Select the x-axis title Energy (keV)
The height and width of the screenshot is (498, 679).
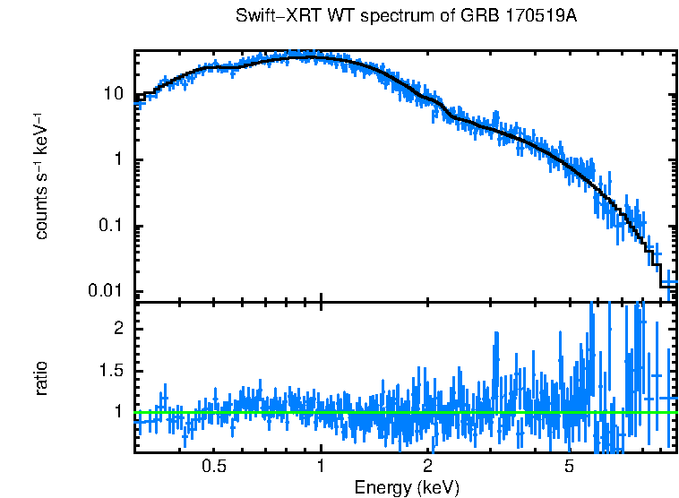[x=407, y=487]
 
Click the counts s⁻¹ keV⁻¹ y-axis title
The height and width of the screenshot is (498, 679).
[x=41, y=176]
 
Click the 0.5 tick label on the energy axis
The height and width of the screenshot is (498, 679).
[x=213, y=467]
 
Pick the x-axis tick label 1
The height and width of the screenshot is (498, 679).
[x=321, y=467]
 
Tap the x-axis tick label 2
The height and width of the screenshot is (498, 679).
[x=428, y=467]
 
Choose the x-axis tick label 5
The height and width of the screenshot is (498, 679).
[x=569, y=467]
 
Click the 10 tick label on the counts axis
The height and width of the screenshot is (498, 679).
[x=114, y=94]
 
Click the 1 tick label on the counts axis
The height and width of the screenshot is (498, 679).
[x=117, y=160]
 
